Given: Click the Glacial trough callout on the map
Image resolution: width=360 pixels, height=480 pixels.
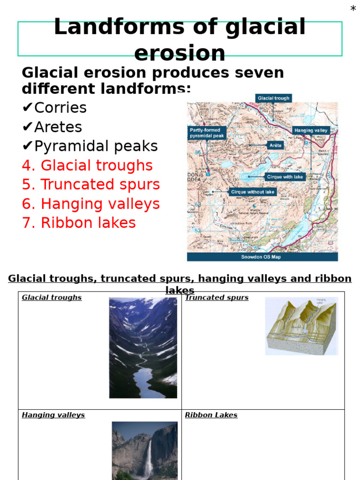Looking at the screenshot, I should pos(274,98).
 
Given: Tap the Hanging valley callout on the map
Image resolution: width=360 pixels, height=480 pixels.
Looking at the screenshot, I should pos(311,130).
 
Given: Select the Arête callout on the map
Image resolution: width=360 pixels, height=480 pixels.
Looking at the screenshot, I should pos(275,145).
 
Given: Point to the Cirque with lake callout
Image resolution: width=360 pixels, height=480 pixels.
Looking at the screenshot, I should pos(285,177).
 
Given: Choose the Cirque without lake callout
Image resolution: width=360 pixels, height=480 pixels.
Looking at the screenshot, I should pos(252,192).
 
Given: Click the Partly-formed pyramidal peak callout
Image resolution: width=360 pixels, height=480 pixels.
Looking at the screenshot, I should pos(207,133).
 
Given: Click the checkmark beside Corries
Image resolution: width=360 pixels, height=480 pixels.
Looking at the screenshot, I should pos(27,108).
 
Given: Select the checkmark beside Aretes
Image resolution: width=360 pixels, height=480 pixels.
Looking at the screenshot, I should pos(27,127).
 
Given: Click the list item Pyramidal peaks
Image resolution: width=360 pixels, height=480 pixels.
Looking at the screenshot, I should pos(96,146).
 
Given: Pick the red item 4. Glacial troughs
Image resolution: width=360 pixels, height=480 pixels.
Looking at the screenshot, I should pos(87,165).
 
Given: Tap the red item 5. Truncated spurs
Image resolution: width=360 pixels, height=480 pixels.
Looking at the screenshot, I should pos(91,185).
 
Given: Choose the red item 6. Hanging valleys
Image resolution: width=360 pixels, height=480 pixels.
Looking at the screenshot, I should pos(91,204).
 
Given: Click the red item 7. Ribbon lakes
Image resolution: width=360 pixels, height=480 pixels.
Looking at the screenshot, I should pos(79,223).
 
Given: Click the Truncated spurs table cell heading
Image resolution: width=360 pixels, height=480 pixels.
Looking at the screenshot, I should pos(217,298).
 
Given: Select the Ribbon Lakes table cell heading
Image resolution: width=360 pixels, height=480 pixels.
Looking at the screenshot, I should pos(211,415).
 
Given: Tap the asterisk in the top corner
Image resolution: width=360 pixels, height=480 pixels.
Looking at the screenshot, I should pos(353,9).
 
